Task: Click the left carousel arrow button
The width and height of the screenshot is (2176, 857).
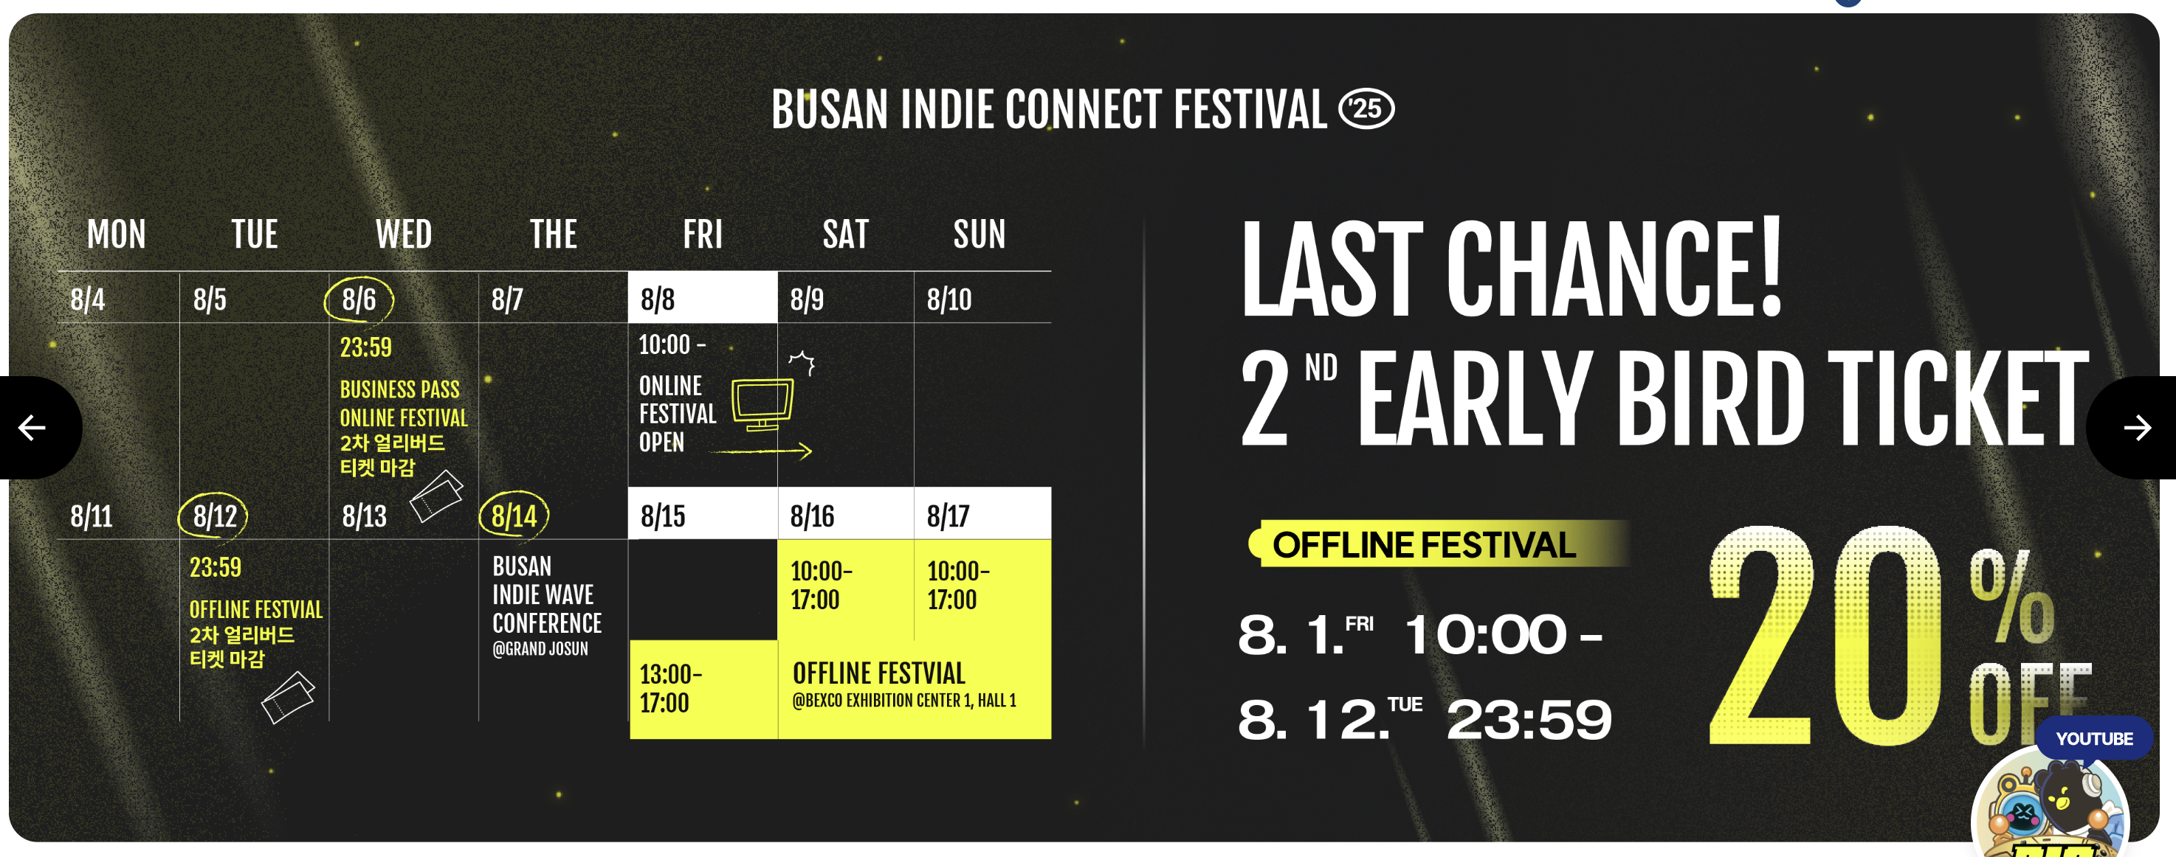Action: coord(34,427)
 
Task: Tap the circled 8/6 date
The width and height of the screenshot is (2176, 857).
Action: coord(359,299)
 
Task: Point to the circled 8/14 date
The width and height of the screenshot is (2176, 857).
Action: coord(514,515)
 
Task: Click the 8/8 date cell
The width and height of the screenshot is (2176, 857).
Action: coord(703,297)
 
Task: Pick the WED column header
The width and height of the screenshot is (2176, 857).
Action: coord(404,234)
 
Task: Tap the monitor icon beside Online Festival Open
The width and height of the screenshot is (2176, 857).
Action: coord(762,404)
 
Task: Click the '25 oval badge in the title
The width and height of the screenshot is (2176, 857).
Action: coord(1367,109)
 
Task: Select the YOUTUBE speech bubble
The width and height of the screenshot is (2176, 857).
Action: coord(2094,738)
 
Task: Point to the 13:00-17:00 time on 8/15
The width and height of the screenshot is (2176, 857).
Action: coord(671,688)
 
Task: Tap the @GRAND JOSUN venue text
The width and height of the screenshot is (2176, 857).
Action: coord(540,648)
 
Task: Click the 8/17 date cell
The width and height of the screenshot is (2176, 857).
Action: coord(982,513)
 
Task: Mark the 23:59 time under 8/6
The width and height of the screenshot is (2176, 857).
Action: coord(366,347)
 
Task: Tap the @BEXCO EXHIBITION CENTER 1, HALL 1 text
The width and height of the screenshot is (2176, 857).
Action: coord(905,700)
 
